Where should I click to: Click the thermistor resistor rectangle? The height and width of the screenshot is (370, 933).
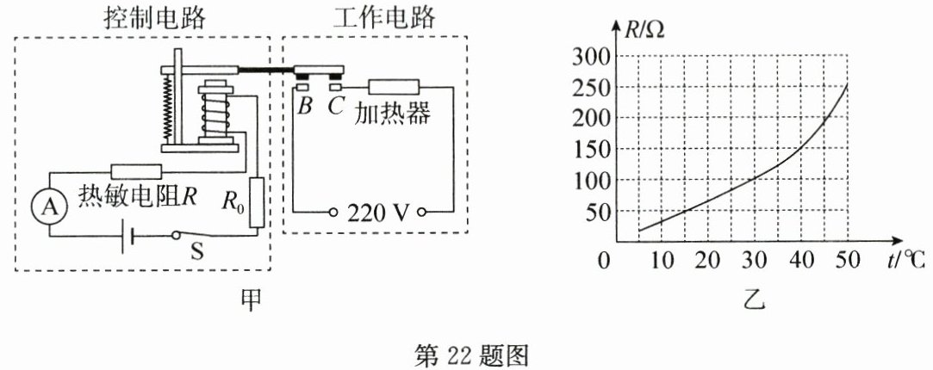click(x=136, y=171)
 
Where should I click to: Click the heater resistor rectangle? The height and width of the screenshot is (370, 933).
click(x=394, y=86)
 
